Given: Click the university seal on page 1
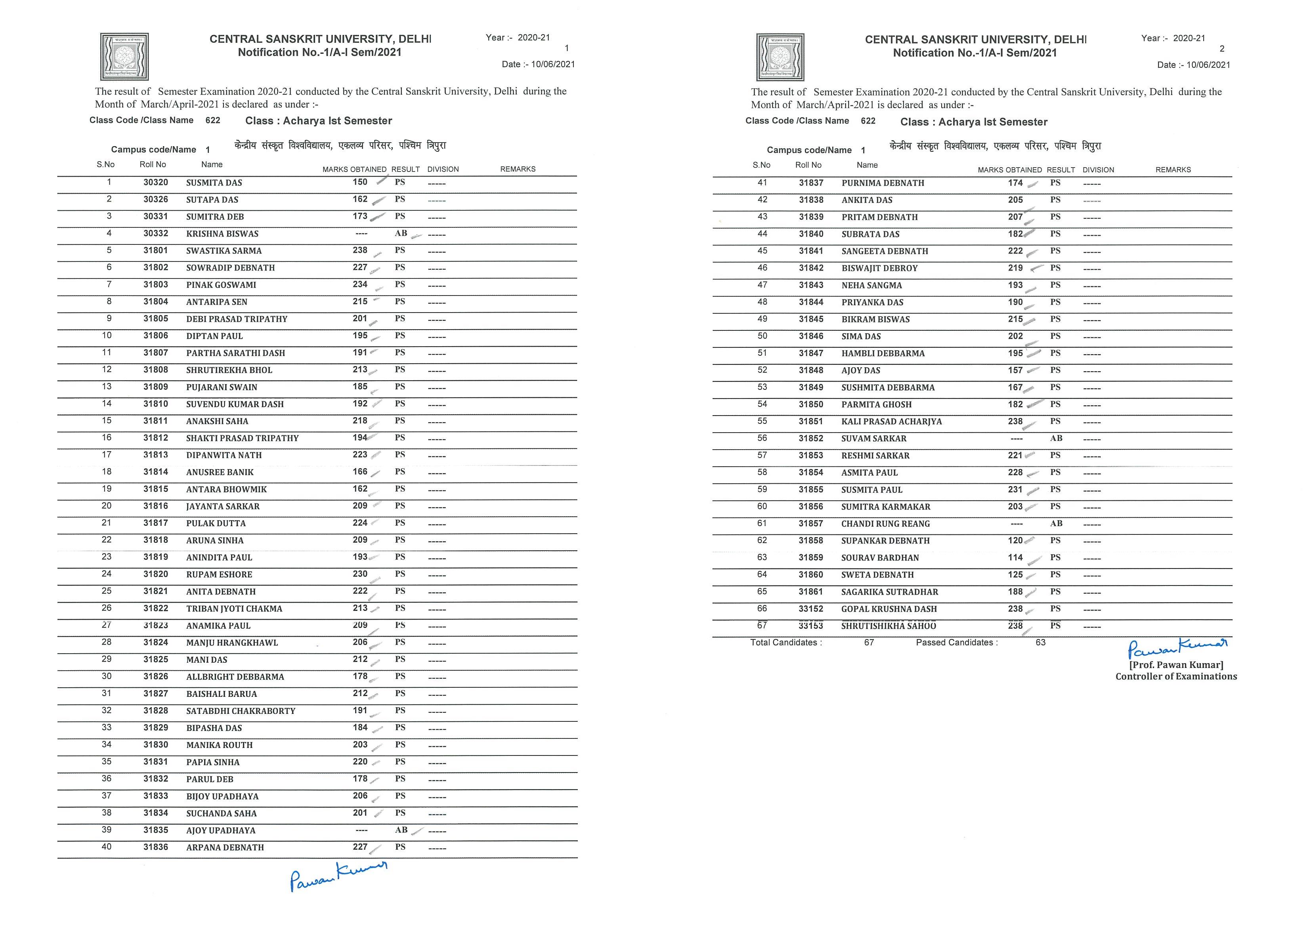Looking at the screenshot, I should [x=124, y=57].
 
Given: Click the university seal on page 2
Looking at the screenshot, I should [x=780, y=57].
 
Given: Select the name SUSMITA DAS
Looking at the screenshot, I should [x=214, y=183].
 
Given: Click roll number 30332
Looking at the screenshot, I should [x=155, y=233].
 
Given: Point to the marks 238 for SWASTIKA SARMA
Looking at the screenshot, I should [x=360, y=250].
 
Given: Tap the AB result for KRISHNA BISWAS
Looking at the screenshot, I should [x=401, y=233].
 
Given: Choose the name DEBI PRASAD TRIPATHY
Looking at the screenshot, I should [x=236, y=319].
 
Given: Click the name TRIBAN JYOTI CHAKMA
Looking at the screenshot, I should [x=234, y=608].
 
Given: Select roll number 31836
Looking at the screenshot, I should [x=155, y=847].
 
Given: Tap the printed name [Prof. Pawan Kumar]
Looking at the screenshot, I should [x=1176, y=665].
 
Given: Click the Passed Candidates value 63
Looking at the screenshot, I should [x=1040, y=643].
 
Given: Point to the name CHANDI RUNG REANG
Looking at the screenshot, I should [x=885, y=524].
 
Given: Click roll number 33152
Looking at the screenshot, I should [x=811, y=609].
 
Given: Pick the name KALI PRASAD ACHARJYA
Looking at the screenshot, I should [x=891, y=422].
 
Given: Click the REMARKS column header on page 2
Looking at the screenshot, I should [x=1173, y=170].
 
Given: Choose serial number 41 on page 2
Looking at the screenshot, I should [x=762, y=183].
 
